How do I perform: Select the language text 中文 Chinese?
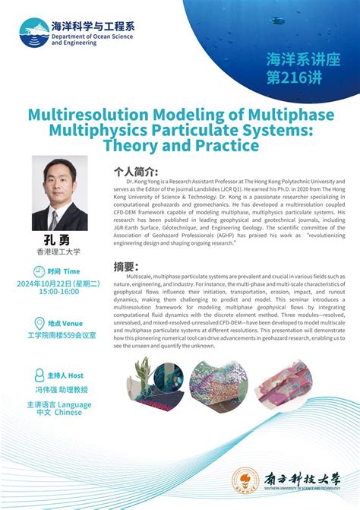coord(58,413)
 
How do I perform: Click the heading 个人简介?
coord(136,172)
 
